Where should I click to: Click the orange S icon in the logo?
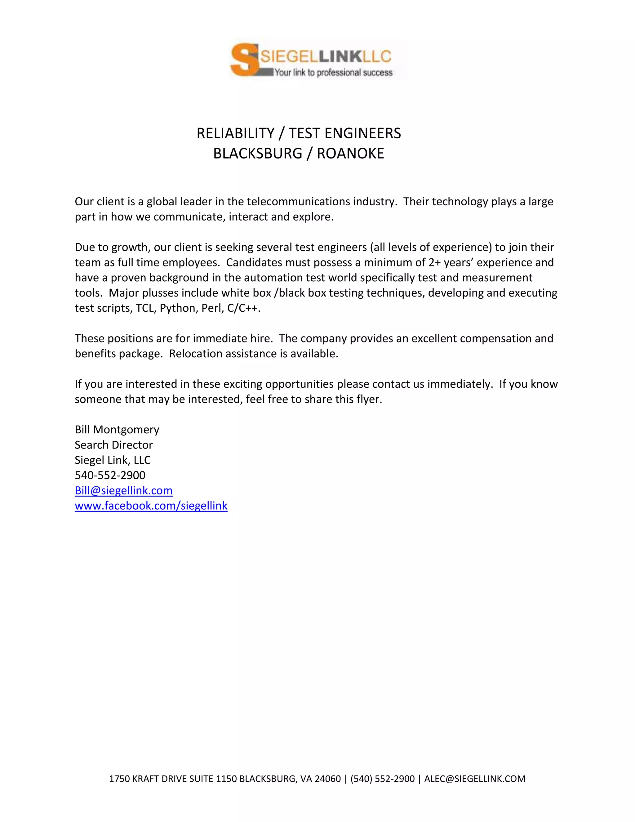244,60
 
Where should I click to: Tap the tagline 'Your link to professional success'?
333,73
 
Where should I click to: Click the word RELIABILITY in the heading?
236,133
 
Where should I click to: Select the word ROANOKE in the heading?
350,154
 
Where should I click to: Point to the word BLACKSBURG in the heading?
258,154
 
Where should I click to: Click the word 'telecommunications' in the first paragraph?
298,202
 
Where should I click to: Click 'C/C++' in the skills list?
243,308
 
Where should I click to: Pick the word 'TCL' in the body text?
144,308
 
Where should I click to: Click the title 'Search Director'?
113,445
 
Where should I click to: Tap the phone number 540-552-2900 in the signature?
110,475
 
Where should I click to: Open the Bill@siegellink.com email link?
123,491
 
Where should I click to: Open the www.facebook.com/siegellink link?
151,506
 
